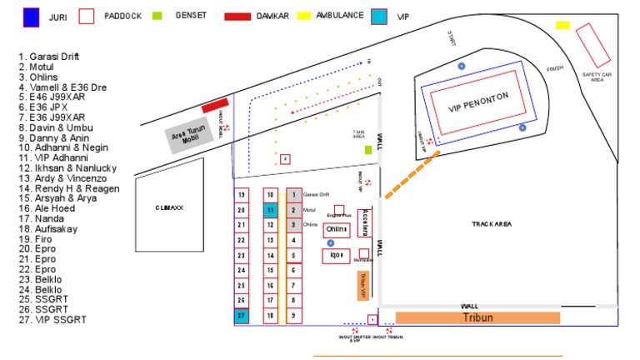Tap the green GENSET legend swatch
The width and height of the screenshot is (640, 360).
157,16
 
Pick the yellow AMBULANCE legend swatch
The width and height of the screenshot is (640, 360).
304,16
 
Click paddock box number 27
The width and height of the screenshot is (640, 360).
242,316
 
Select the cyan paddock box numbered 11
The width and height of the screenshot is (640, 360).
270,210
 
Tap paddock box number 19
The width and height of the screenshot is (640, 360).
242,195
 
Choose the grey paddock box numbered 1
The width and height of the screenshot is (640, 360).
293,195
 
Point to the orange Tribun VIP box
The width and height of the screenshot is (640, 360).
363,285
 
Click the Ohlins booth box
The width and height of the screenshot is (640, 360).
337,229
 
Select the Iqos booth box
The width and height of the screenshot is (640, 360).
337,256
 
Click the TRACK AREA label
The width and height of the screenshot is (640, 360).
492,224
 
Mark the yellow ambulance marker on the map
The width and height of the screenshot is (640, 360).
562,26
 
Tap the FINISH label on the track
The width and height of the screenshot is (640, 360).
555,69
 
